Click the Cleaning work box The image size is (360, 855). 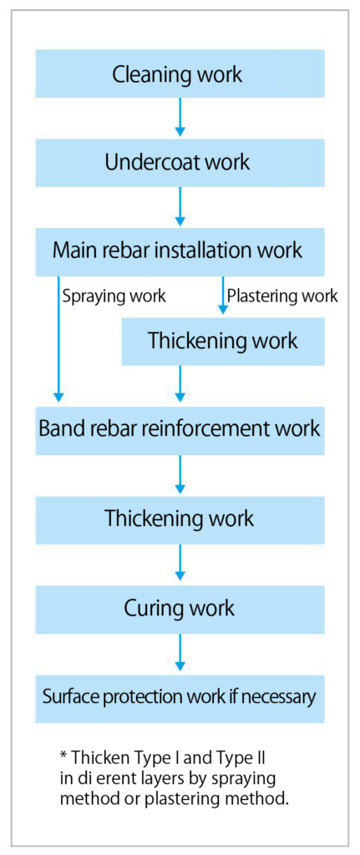180,73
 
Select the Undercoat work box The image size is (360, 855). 180,163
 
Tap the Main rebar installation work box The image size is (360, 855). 180,251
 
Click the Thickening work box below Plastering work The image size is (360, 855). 223,341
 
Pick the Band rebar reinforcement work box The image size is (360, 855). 180,430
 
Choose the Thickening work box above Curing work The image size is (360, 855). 180,519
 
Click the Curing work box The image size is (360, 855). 180,609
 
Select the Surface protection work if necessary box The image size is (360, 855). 180,698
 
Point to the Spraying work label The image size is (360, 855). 114,296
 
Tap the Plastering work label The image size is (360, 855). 282,296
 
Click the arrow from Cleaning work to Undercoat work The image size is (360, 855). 180,116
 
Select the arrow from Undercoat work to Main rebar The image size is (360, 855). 180,206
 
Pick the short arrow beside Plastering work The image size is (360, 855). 223,295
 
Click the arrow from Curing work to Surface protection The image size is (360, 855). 180,653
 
